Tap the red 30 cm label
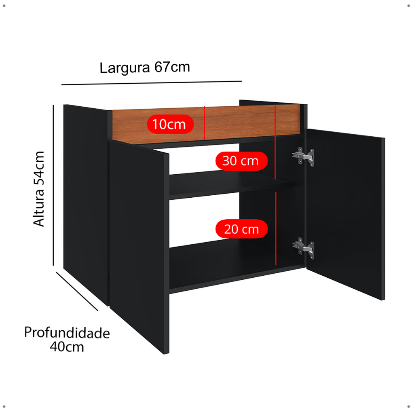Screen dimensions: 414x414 tap(241, 161)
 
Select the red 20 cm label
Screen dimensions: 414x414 tap(241, 229)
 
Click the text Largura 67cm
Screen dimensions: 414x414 tap(145, 68)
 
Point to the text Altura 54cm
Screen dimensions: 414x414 tap(39, 189)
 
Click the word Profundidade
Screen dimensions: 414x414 tap(67, 333)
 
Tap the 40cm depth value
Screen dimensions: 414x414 tap(67, 346)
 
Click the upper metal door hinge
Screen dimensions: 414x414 tap(303, 156)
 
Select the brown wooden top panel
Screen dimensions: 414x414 tap(243, 121)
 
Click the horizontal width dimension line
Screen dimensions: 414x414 tap(152, 83)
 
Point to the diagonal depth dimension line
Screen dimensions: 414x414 tap(77, 291)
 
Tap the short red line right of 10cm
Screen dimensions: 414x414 tap(205, 123)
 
